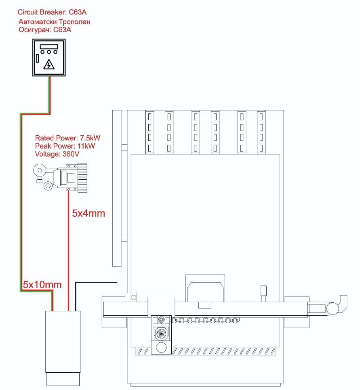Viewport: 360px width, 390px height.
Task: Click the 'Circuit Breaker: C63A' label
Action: (52, 12)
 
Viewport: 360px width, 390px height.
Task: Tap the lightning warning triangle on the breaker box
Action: (49, 65)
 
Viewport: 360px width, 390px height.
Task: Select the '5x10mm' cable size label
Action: (42, 285)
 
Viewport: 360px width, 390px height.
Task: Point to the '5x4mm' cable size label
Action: (88, 213)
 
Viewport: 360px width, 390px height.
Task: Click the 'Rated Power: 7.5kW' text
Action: (67, 138)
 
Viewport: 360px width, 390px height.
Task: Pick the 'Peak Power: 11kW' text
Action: (65, 146)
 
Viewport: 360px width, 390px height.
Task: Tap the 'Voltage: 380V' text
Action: (57, 154)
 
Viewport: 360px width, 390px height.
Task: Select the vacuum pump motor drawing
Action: (60, 178)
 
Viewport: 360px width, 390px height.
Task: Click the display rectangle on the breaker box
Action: (49, 47)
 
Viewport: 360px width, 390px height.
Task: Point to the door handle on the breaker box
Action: (38, 58)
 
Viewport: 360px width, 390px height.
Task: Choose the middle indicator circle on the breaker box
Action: (49, 52)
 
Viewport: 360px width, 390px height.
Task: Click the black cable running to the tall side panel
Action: (96, 282)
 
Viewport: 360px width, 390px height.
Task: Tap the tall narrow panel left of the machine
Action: (117, 188)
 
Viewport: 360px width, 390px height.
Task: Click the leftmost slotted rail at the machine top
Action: (149, 132)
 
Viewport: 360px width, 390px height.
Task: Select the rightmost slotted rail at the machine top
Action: (261, 132)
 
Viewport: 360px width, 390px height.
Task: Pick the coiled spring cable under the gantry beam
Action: (205, 320)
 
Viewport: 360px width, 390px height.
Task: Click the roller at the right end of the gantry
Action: (332, 308)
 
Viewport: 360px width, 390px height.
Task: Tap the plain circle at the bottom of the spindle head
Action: (161, 347)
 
